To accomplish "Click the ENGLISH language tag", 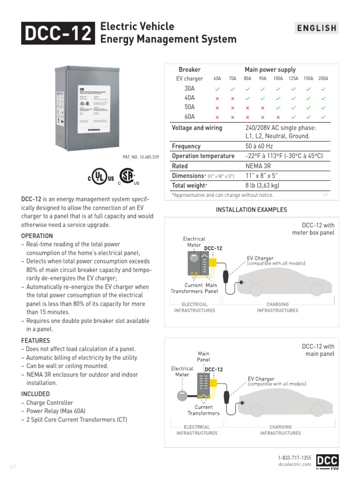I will [317, 28].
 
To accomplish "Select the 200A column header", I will [323, 79].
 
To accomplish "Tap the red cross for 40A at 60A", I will [217, 98].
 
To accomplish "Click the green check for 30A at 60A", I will [217, 89].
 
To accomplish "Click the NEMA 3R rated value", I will [258, 166].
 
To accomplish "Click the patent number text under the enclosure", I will [141, 157].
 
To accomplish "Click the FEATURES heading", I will [36, 340].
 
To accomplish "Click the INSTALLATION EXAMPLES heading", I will [251, 210].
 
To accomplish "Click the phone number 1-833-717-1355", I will [294, 457].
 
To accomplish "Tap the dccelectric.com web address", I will [294, 464].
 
